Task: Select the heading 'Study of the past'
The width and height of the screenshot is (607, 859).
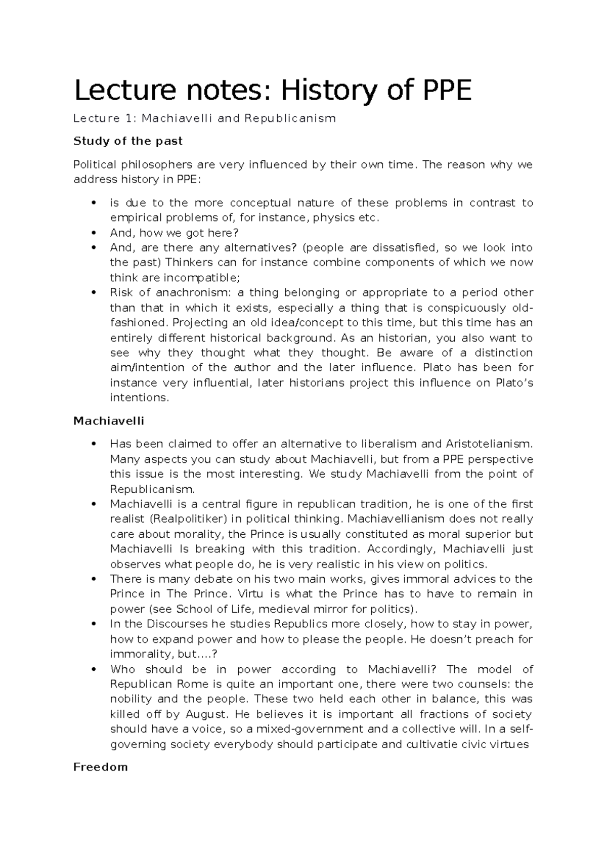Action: tap(127, 141)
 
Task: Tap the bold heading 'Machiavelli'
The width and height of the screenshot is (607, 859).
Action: tap(108, 421)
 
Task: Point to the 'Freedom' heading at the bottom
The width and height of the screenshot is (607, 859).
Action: tap(100, 767)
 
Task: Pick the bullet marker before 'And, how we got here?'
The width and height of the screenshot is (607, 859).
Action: tap(92, 233)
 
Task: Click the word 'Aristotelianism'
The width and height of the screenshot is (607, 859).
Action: tap(489, 444)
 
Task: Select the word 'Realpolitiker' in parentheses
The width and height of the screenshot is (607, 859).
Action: tap(192, 519)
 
